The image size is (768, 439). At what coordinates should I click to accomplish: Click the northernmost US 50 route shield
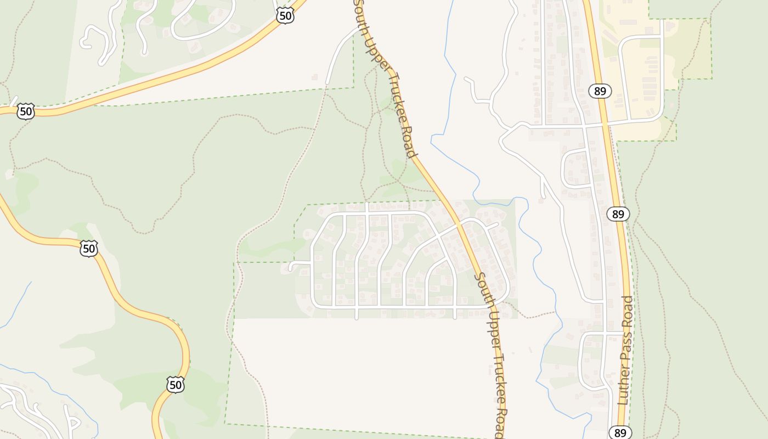pyautogui.click(x=285, y=16)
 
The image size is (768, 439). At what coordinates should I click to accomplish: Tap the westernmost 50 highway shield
pyautogui.click(x=26, y=112)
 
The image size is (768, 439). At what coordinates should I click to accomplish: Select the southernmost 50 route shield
pyautogui.click(x=175, y=385)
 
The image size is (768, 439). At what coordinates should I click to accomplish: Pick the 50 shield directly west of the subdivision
pyautogui.click(x=88, y=249)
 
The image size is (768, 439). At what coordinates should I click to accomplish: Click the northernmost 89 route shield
pyautogui.click(x=600, y=91)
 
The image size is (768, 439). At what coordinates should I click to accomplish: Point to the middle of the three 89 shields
pyautogui.click(x=618, y=214)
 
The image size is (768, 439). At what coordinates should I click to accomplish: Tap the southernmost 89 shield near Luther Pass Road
pyautogui.click(x=620, y=432)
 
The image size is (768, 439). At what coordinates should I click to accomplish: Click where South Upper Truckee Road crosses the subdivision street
pyautogui.click(x=459, y=226)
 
